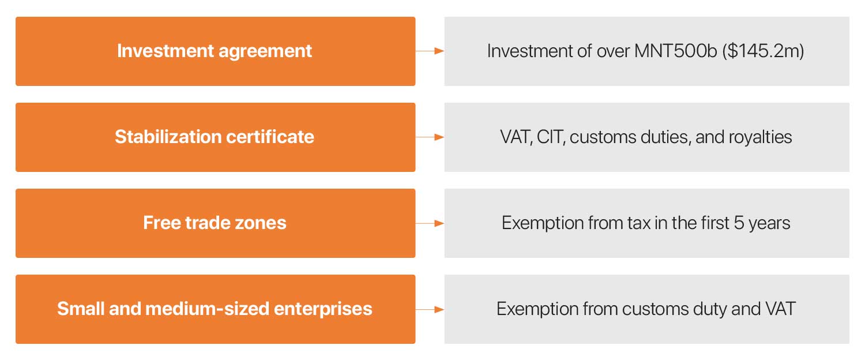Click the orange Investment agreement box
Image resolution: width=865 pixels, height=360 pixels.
click(216, 51)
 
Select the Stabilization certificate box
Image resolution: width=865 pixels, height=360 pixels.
click(216, 137)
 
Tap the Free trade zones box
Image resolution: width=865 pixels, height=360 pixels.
click(216, 223)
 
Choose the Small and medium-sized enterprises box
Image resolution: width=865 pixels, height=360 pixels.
click(216, 309)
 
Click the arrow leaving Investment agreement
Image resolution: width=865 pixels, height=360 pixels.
click(430, 51)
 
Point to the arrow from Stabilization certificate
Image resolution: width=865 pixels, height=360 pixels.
click(430, 137)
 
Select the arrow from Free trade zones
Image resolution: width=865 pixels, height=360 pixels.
click(430, 223)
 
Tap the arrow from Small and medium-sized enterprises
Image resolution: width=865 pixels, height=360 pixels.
click(430, 309)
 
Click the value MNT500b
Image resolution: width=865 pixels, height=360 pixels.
click(675, 51)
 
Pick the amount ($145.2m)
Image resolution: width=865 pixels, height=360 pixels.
click(763, 51)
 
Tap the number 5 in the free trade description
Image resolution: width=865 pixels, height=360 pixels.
click(739, 223)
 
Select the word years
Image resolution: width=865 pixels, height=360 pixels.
click(769, 224)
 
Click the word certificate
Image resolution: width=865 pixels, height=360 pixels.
click(270, 137)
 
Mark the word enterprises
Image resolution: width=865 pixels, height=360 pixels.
click(323, 309)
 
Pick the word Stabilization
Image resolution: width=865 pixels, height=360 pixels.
click(168, 137)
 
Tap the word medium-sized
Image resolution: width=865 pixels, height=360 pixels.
click(208, 309)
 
